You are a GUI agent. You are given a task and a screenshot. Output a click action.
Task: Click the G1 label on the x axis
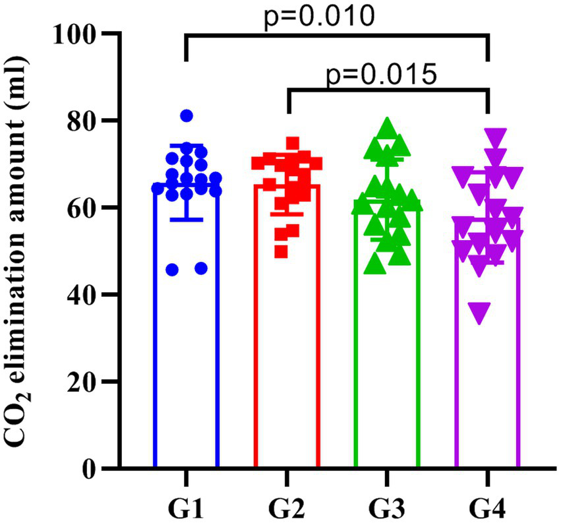point(187,508)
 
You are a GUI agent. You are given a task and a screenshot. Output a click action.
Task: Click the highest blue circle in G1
point(187,116)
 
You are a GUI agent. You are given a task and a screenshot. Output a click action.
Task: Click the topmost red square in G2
point(293,143)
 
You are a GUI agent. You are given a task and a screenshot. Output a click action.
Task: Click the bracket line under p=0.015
point(388,92)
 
